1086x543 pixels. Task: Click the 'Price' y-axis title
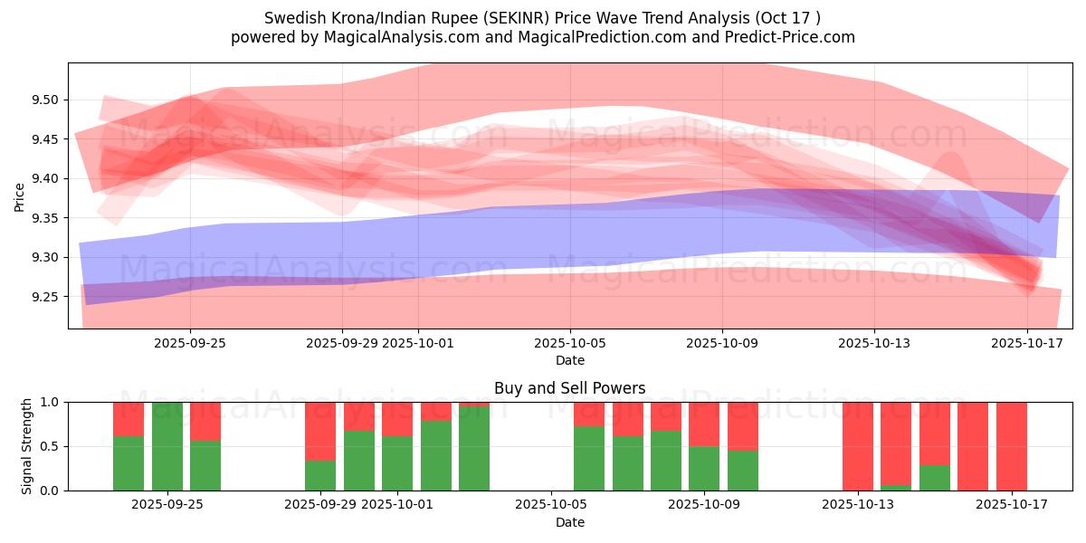coord(20,196)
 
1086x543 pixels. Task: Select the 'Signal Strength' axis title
coord(27,446)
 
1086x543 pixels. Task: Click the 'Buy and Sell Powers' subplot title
coord(569,388)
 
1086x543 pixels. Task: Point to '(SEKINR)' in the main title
coord(512,18)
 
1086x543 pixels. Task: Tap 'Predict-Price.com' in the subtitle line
coord(788,37)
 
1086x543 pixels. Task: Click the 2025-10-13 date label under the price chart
coord(874,343)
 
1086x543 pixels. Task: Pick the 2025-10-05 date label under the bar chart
coord(551,504)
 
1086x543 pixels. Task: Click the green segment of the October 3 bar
coord(474,449)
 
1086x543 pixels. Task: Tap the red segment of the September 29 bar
coord(320,431)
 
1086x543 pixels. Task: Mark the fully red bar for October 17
coord(1012,446)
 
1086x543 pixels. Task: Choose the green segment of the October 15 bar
coord(935,478)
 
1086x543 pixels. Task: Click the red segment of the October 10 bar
coord(743,425)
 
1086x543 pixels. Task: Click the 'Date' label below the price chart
coord(569,360)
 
